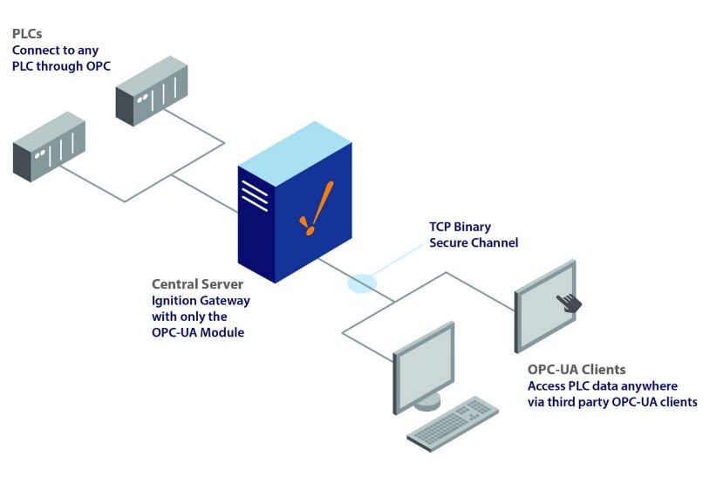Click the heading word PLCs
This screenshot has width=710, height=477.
pyautogui.click(x=26, y=34)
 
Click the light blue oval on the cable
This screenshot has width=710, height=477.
pyautogui.click(x=362, y=283)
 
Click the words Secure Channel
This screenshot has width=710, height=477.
pyautogui.click(x=474, y=242)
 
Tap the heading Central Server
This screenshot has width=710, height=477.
pyautogui.click(x=196, y=284)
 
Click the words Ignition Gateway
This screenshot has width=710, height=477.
pyautogui.click(x=201, y=300)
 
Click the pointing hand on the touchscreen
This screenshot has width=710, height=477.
pyautogui.click(x=570, y=303)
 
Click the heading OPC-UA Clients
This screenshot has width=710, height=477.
pyautogui.click(x=576, y=370)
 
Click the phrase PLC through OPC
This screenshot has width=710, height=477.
pyautogui.click(x=61, y=65)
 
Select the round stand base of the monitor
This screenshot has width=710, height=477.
pyautogui.click(x=427, y=402)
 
